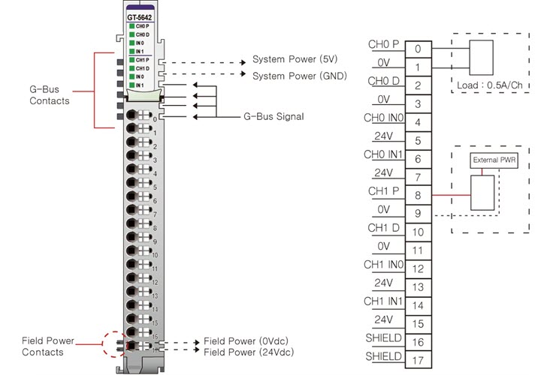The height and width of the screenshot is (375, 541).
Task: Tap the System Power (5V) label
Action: point(295,58)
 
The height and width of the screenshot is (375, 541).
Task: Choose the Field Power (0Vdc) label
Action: point(246,341)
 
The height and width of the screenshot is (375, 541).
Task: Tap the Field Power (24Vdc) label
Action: point(248,352)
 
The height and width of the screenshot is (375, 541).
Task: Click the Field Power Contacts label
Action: point(48,346)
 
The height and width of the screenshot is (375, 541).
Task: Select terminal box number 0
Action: point(417,49)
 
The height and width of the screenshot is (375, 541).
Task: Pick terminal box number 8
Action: point(417,196)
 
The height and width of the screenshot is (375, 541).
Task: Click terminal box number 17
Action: point(417,361)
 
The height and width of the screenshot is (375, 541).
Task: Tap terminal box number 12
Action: point(417,269)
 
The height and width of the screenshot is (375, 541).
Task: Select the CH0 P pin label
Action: point(383,44)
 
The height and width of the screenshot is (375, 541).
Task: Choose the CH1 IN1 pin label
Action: point(383,301)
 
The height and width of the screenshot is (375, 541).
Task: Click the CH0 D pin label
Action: point(383,81)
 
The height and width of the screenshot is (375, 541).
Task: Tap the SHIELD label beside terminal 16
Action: point(383,337)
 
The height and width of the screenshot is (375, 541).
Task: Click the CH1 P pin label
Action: point(383,191)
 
